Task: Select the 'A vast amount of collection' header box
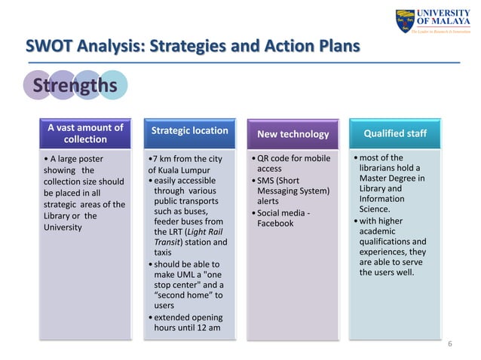click(x=85, y=133)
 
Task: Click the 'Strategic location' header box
click(x=189, y=131)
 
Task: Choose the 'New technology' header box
click(x=293, y=134)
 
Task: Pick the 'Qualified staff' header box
click(x=396, y=133)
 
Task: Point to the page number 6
click(x=449, y=343)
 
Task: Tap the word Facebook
click(x=275, y=223)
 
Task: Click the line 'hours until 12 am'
click(x=187, y=328)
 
